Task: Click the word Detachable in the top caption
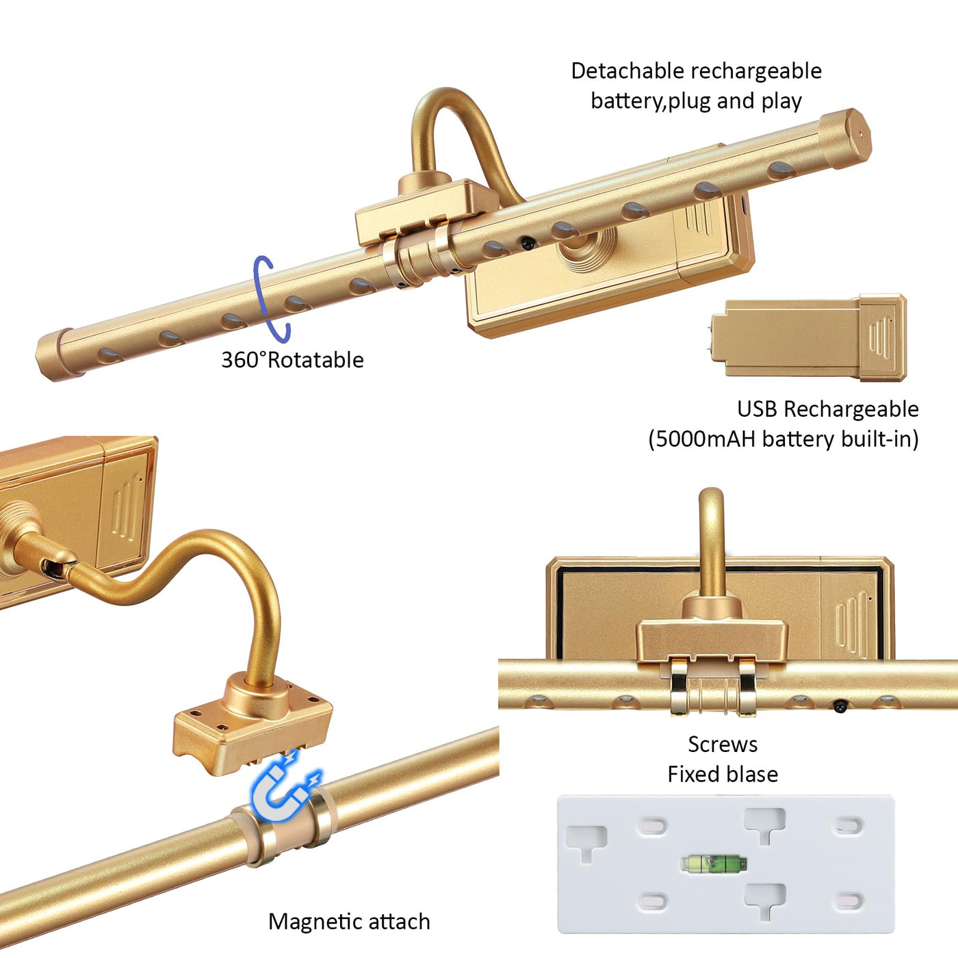click(x=627, y=70)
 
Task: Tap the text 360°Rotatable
click(x=292, y=360)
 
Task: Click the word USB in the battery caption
click(x=757, y=409)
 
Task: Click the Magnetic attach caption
click(x=349, y=922)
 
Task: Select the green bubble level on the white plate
click(x=714, y=864)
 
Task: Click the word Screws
click(x=723, y=745)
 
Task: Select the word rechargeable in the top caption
click(x=756, y=70)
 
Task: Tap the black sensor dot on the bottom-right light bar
click(x=840, y=705)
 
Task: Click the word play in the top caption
click(x=781, y=101)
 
